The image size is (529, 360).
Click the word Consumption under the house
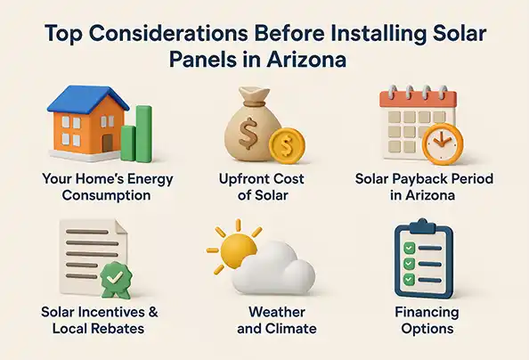pos(107,195)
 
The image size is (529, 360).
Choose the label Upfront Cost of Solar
pos(264,187)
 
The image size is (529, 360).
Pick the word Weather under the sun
pos(264,313)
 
